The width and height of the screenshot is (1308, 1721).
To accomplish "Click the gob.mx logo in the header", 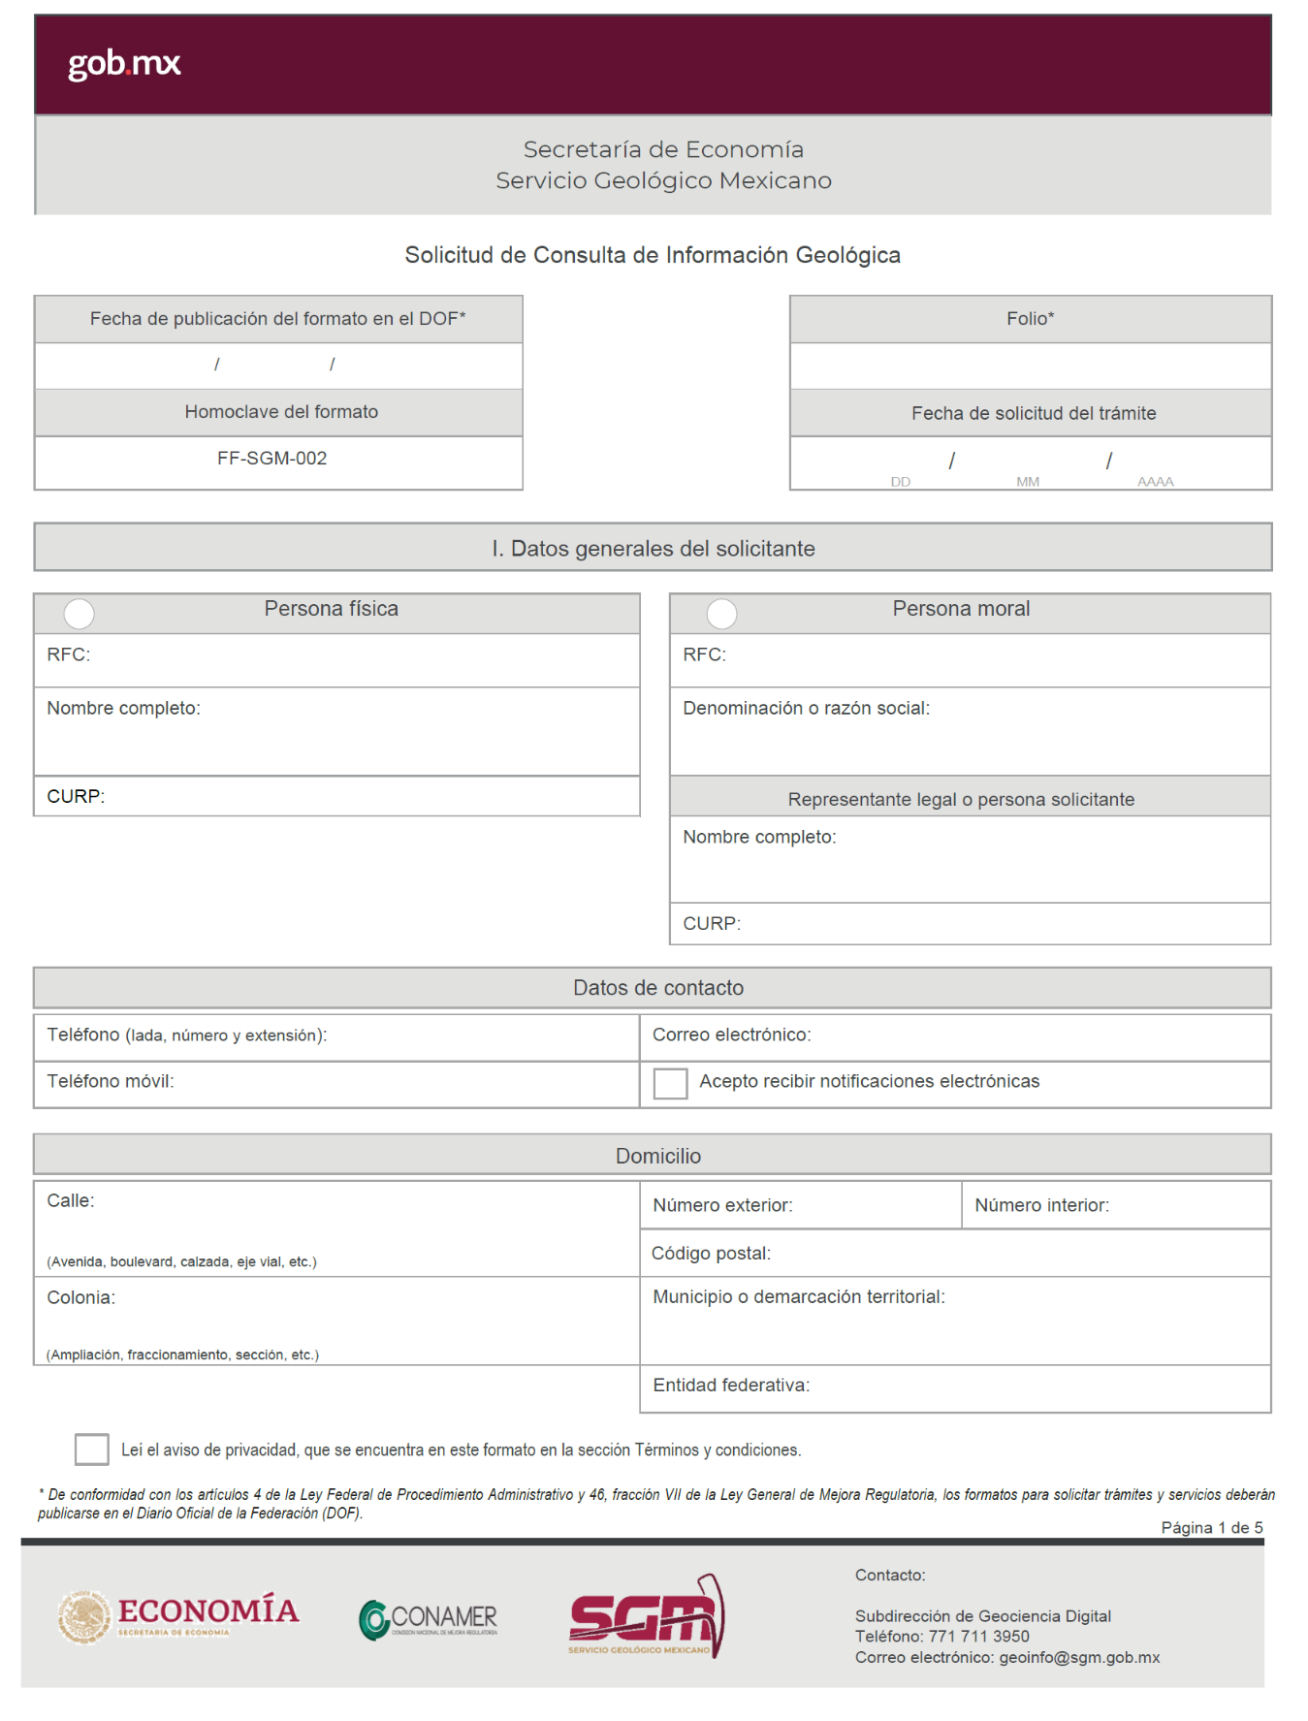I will pyautogui.click(x=124, y=64).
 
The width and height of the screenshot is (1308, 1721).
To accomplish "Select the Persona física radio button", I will pyautogui.click(x=79, y=613).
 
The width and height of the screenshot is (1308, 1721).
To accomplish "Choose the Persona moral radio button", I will pyautogui.click(x=721, y=613).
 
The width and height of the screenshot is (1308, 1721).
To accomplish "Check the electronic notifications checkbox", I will pyautogui.click(x=670, y=1083).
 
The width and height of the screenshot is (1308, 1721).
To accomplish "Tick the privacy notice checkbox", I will pyautogui.click(x=91, y=1449).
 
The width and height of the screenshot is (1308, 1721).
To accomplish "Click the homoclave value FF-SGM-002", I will pyautogui.click(x=271, y=459).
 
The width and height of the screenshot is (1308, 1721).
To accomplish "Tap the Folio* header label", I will pyautogui.click(x=1030, y=319).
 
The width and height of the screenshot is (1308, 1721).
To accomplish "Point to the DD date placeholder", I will pyautogui.click(x=901, y=482).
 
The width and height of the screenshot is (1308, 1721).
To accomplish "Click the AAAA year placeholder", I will pyautogui.click(x=1155, y=482).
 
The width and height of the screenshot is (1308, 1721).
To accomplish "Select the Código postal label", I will pyautogui.click(x=711, y=1254).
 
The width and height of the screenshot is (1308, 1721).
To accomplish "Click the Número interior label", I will pyautogui.click(x=1041, y=1205).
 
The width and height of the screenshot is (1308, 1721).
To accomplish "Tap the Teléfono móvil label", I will pyautogui.click(x=111, y=1081).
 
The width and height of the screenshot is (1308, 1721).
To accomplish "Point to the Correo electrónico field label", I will pyautogui.click(x=731, y=1035).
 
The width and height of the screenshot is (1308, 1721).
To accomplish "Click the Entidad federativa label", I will pyautogui.click(x=731, y=1386).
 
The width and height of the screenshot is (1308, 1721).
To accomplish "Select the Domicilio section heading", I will pyautogui.click(x=657, y=1156).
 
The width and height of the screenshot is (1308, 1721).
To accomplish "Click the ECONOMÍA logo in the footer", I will pyautogui.click(x=179, y=1616).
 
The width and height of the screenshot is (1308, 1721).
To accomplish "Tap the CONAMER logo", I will pyautogui.click(x=429, y=1618).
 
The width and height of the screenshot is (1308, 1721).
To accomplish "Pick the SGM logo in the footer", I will pyautogui.click(x=647, y=1617).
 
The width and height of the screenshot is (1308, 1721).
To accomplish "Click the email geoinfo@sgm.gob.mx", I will pyautogui.click(x=1079, y=1658).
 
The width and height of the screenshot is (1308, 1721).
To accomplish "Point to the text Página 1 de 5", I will pyautogui.click(x=1211, y=1528).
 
